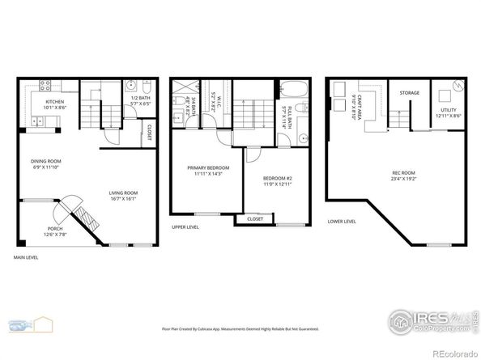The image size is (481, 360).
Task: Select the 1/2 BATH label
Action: coord(139,98)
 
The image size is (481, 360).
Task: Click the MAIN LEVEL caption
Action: coord(26,257)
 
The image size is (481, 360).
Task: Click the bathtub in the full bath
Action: coord(292,89)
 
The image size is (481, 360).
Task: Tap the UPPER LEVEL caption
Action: coord(185,227)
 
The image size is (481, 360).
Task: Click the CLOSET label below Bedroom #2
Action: coord(255,218)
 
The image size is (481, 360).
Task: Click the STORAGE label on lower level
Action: coord(409,93)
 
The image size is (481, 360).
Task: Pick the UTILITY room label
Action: coord(449,111)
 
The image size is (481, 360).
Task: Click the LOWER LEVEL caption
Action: coord(341,221)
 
